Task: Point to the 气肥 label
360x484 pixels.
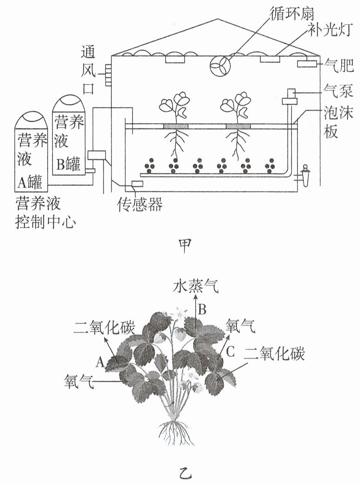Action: click(x=339, y=65)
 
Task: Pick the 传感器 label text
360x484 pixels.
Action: click(x=139, y=204)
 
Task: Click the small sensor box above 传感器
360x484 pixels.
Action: click(x=137, y=184)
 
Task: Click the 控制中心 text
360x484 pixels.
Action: click(x=45, y=221)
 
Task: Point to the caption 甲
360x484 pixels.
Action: click(x=185, y=245)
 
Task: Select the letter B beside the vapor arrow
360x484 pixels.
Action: click(x=202, y=309)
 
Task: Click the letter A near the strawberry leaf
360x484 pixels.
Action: click(x=100, y=362)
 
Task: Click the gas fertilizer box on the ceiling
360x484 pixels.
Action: click(x=307, y=64)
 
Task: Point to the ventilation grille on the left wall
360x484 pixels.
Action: click(x=108, y=75)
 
